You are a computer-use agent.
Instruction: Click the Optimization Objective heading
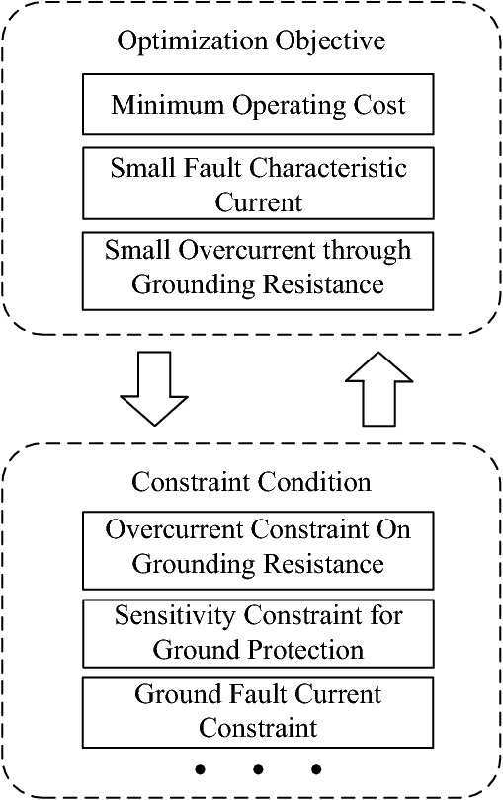(251, 41)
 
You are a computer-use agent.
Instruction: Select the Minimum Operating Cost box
(259, 106)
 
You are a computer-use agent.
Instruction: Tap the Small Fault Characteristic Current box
(259, 183)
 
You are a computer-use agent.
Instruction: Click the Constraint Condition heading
(251, 482)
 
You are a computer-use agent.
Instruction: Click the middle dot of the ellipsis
(258, 768)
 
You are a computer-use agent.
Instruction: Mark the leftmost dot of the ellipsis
(201, 768)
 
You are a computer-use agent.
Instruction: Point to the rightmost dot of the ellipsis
(315, 768)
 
